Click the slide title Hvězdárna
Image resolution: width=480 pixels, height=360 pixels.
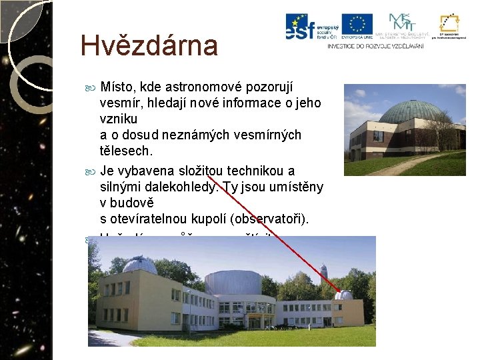[149, 46]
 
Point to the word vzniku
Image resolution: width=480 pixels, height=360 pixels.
[118, 119]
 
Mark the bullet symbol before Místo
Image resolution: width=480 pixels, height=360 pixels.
[91, 88]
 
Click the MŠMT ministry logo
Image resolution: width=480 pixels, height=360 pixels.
[401, 23]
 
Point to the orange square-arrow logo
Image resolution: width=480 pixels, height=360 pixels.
[447, 23]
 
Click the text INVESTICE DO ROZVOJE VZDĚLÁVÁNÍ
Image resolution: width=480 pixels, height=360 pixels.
[375, 46]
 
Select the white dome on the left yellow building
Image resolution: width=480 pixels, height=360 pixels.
[139, 265]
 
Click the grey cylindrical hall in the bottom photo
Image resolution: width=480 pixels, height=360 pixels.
[233, 284]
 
